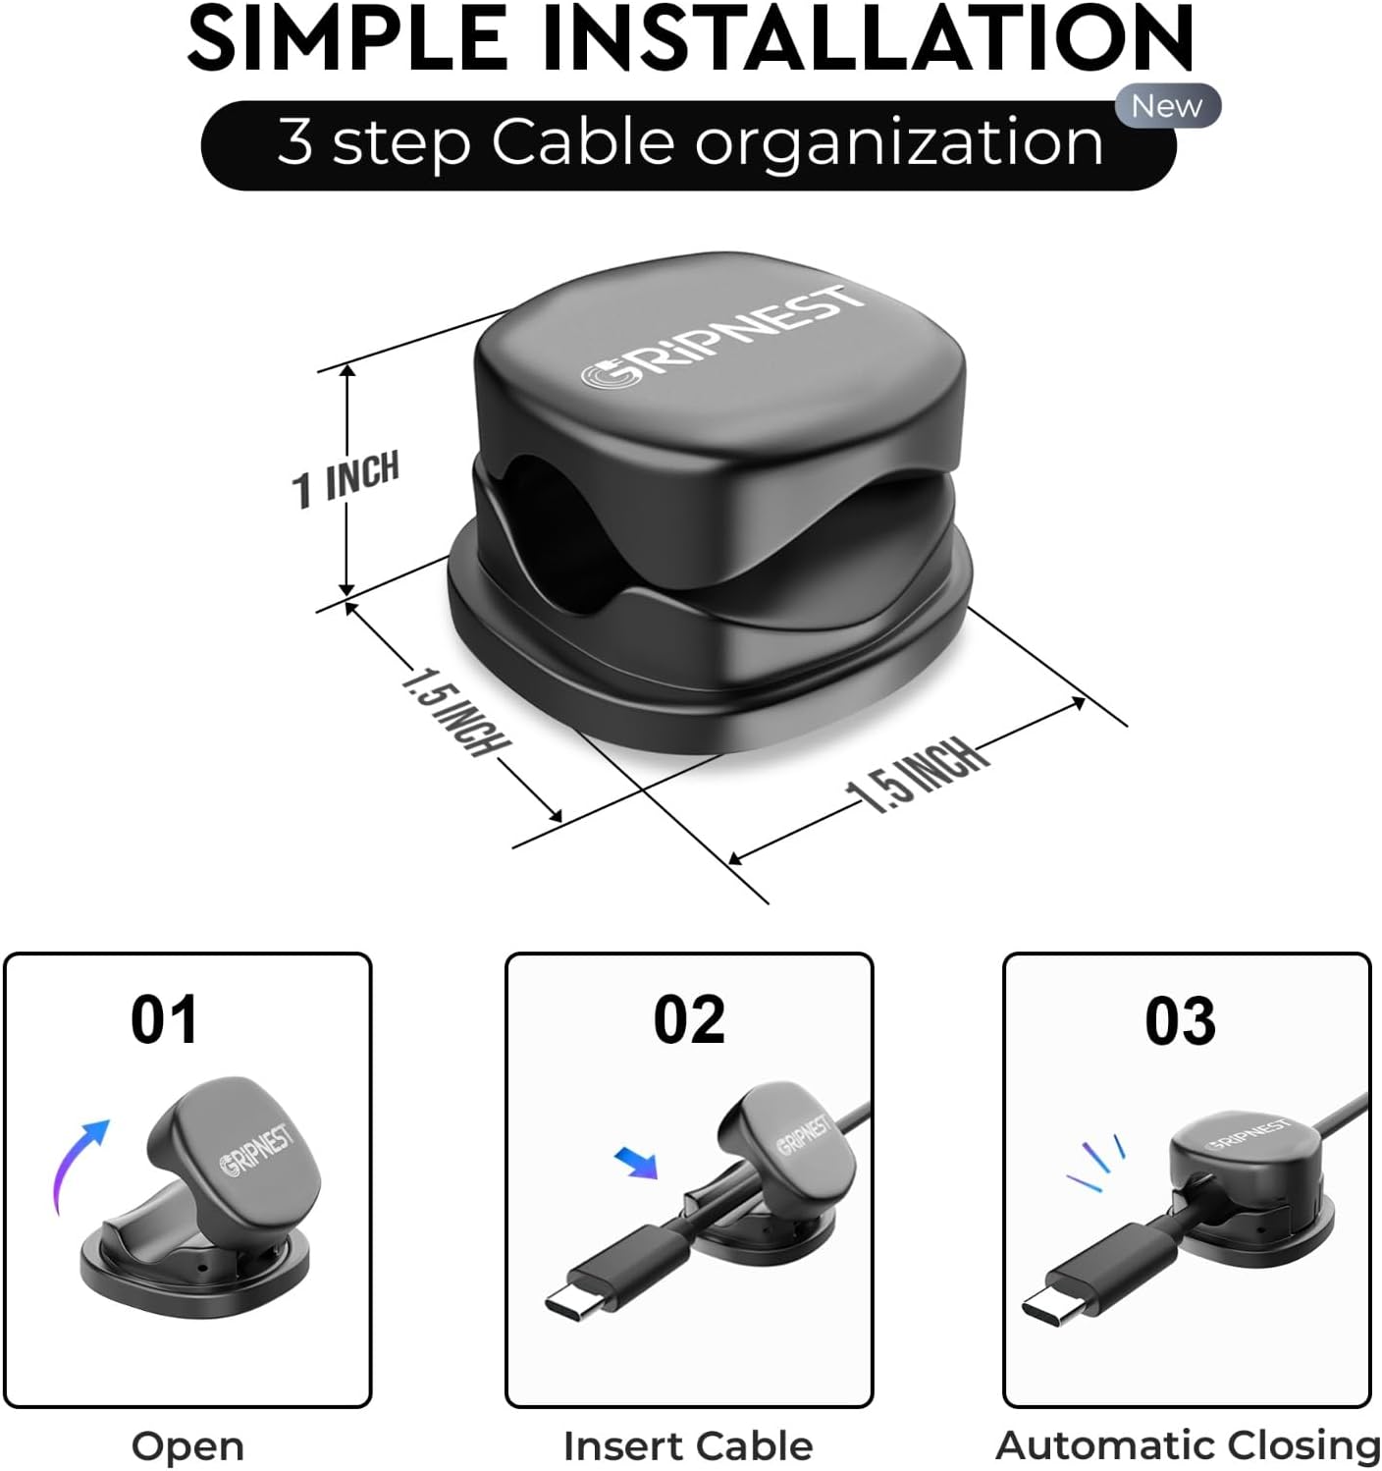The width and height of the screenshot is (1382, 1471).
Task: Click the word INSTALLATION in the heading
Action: [x=868, y=37]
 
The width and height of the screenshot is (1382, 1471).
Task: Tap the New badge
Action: [x=1167, y=106]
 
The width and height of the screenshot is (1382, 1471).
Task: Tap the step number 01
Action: [x=164, y=1020]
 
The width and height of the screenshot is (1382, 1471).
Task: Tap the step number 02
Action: [x=689, y=1020]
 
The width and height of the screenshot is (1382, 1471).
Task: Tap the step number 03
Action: [x=1180, y=1021]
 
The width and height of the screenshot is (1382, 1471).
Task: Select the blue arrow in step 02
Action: [x=637, y=1162]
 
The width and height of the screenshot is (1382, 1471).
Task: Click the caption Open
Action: [x=187, y=1445]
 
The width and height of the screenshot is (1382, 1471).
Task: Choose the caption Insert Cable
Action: [x=688, y=1445]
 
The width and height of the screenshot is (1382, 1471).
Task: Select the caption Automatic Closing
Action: [x=1188, y=1445]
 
